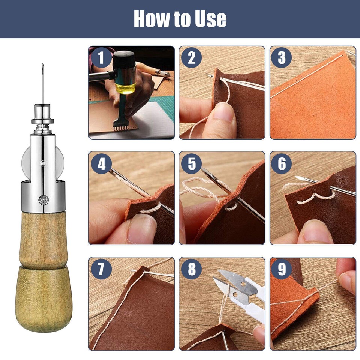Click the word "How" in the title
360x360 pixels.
(150, 19)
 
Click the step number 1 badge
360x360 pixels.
(100, 58)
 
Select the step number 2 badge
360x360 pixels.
(191, 58)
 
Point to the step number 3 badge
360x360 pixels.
(282, 58)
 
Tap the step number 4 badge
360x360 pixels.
(100, 164)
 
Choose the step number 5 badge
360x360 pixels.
(191, 164)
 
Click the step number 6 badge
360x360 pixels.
(282, 164)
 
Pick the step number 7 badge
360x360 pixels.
(100, 269)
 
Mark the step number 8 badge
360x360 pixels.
(191, 269)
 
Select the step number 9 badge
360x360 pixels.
(282, 269)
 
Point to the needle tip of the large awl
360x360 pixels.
(43, 66)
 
